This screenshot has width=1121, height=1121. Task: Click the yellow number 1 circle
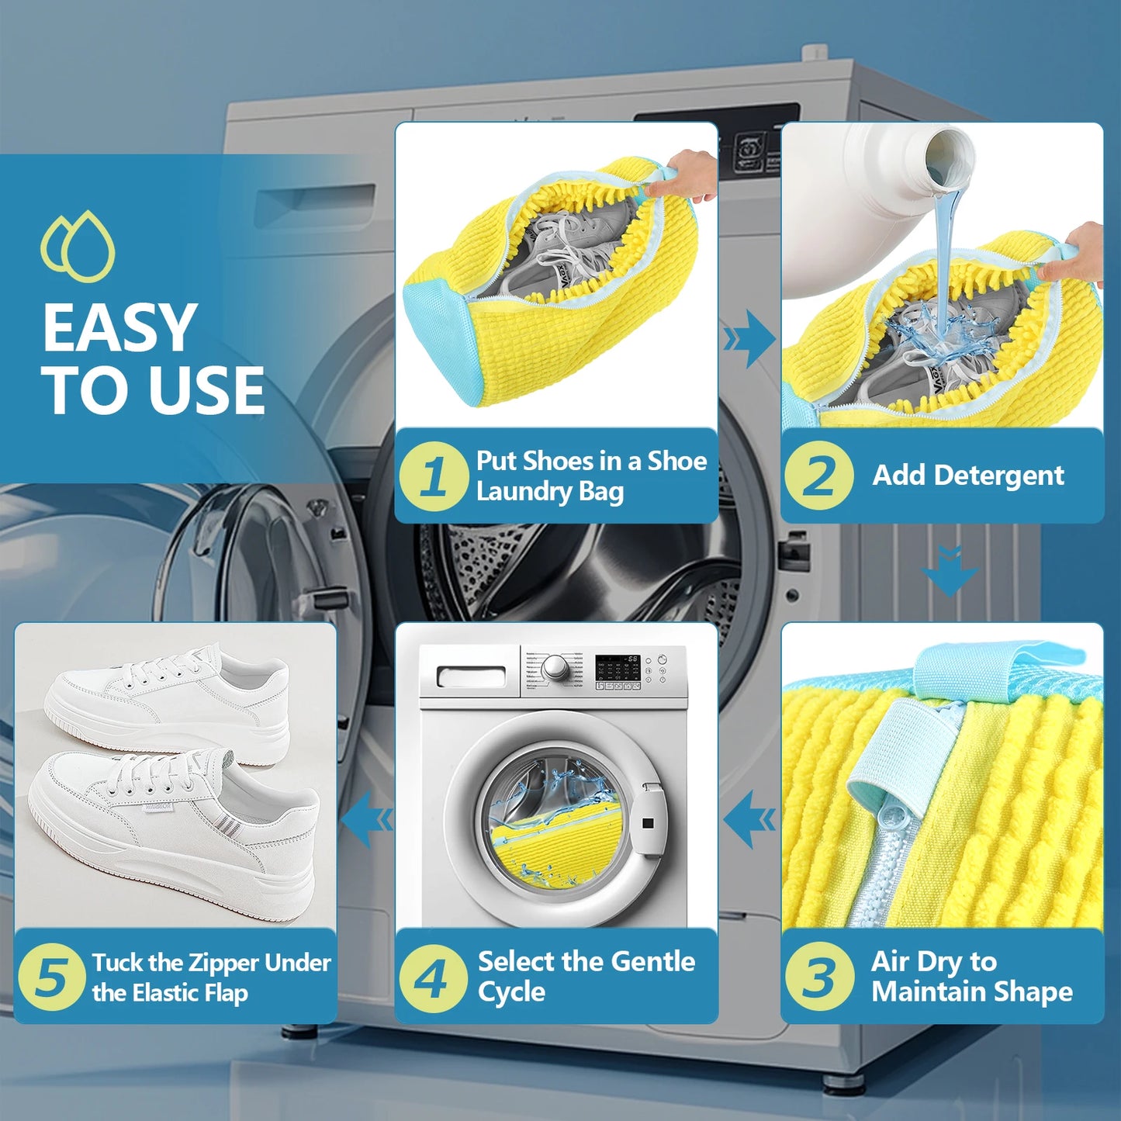434,476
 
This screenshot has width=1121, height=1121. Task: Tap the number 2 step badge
818,476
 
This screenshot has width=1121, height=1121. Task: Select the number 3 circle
818,976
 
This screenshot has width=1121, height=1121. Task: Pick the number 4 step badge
433,977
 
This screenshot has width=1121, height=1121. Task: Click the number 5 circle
50,977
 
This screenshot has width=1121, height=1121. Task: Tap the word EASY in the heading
119,328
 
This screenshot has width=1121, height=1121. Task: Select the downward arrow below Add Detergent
950,571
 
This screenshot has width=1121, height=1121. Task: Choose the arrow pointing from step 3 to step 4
749,819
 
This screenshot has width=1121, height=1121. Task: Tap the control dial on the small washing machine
555,667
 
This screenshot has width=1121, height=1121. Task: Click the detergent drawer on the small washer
471,676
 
